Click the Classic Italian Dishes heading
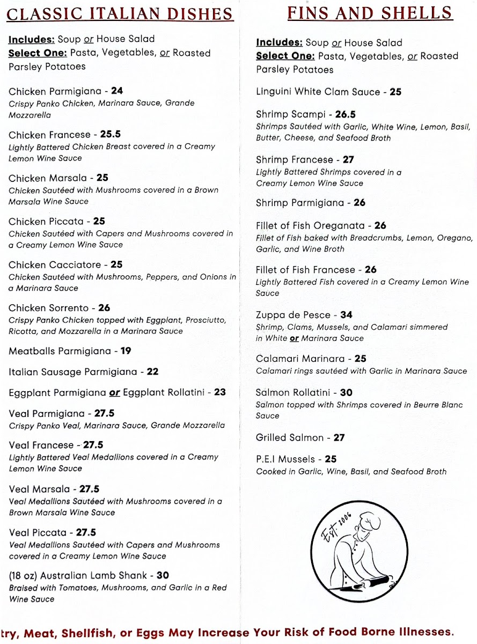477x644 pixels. pyautogui.click(x=120, y=14)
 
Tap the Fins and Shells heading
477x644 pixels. pyautogui.click(x=370, y=12)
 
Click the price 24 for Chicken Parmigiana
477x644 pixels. pyautogui.click(x=117, y=91)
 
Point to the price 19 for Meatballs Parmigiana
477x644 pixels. pyautogui.click(x=126, y=351)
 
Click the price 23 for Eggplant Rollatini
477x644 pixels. pyautogui.click(x=220, y=392)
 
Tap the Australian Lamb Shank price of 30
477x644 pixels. pyautogui.click(x=163, y=575)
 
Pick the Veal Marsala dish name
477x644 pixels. pyautogui.click(x=39, y=489)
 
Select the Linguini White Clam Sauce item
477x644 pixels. pyautogui.click(x=318, y=92)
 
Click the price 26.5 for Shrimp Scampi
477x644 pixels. pyautogui.click(x=346, y=114)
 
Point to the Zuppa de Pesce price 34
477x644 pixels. pyautogui.click(x=346, y=315)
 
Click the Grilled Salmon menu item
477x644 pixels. pyautogui.click(x=290, y=438)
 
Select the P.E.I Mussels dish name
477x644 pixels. pyautogui.click(x=286, y=459)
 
